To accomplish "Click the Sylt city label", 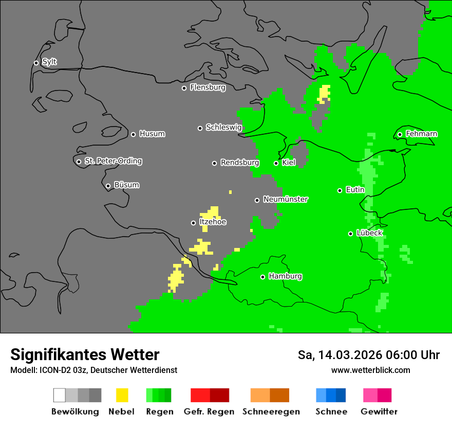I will click(49, 62).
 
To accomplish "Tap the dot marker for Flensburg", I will click(184, 88).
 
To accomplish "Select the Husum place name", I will click(152, 134).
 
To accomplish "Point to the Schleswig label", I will click(223, 128).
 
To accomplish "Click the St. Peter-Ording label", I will click(113, 161).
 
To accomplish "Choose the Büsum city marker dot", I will click(108, 186).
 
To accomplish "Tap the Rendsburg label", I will click(239, 163).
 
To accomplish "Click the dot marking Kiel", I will click(276, 163).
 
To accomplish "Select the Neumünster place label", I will click(285, 200).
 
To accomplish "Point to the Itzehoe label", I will click(213, 222).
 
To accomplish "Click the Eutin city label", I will click(355, 190).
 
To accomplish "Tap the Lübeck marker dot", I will click(350, 234).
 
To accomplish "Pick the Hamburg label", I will click(285, 276).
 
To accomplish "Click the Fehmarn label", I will click(421, 134).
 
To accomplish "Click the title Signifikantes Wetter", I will click(85, 354).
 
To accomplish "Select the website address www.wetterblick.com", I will click(370, 370).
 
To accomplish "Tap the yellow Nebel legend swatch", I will click(122, 395).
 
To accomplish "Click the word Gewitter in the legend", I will click(379, 412).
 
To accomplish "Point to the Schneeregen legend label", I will click(271, 412).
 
